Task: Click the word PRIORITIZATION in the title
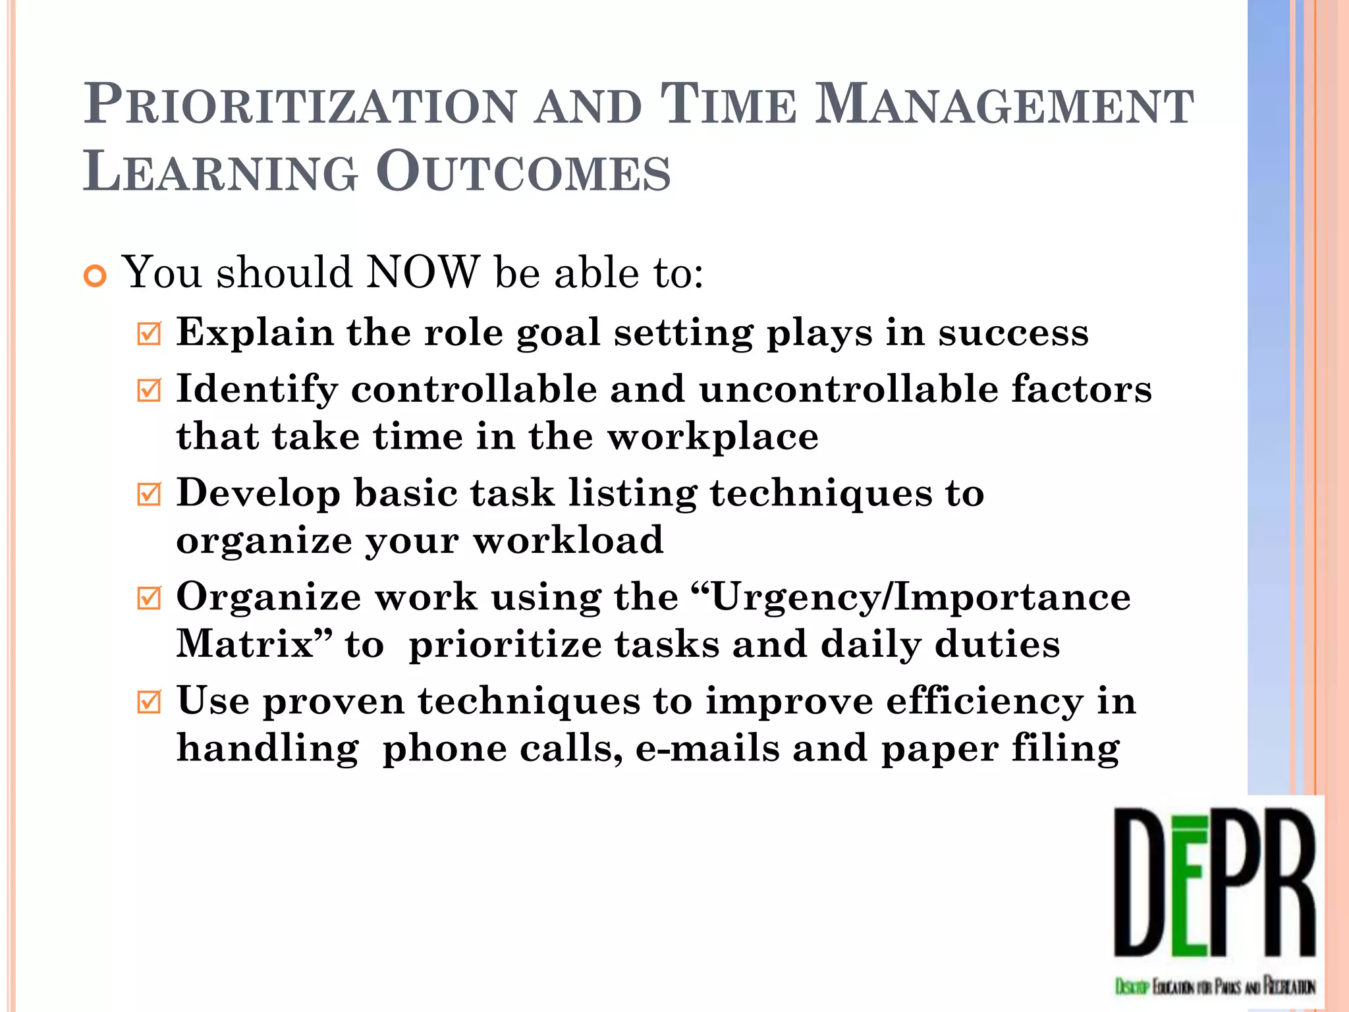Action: click(x=300, y=105)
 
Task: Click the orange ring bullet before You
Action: click(x=96, y=277)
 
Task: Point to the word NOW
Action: click(x=422, y=272)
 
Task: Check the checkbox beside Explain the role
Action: click(x=150, y=333)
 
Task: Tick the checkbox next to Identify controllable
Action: click(x=150, y=390)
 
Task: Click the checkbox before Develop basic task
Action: click(x=150, y=494)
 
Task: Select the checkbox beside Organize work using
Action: click(x=150, y=598)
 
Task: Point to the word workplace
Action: click(x=713, y=437)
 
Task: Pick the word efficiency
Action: click(x=984, y=701)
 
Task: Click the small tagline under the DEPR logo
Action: click(x=1215, y=986)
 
